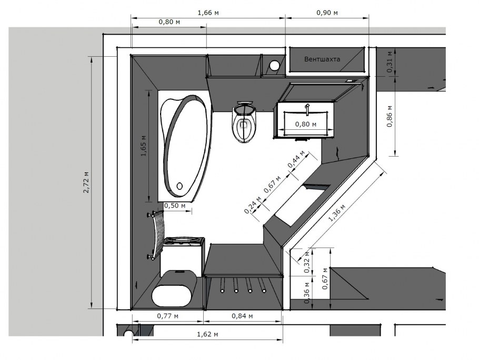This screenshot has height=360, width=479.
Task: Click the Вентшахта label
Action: (322, 59)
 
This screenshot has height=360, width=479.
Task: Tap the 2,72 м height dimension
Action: (86, 182)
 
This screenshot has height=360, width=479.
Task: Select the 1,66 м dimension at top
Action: (208, 13)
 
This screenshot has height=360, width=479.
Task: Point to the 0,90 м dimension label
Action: (327, 13)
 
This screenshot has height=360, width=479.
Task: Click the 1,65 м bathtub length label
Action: (144, 146)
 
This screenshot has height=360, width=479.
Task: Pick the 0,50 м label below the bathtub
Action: (175, 205)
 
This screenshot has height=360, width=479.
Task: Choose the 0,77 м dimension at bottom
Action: (168, 316)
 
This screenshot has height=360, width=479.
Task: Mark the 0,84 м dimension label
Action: (242, 316)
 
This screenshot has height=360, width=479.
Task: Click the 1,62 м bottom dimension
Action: (207, 334)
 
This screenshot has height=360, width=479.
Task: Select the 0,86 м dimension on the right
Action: (390, 116)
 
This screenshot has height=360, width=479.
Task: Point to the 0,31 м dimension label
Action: (390, 62)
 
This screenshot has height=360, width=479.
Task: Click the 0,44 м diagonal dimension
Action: (296, 159)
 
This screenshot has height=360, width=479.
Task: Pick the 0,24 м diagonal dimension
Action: (253, 205)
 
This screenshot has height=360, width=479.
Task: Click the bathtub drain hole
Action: (179, 186)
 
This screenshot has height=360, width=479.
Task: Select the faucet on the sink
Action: (307, 109)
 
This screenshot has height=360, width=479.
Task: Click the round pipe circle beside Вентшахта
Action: (274, 65)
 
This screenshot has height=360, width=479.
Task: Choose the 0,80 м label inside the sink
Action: (305, 124)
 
